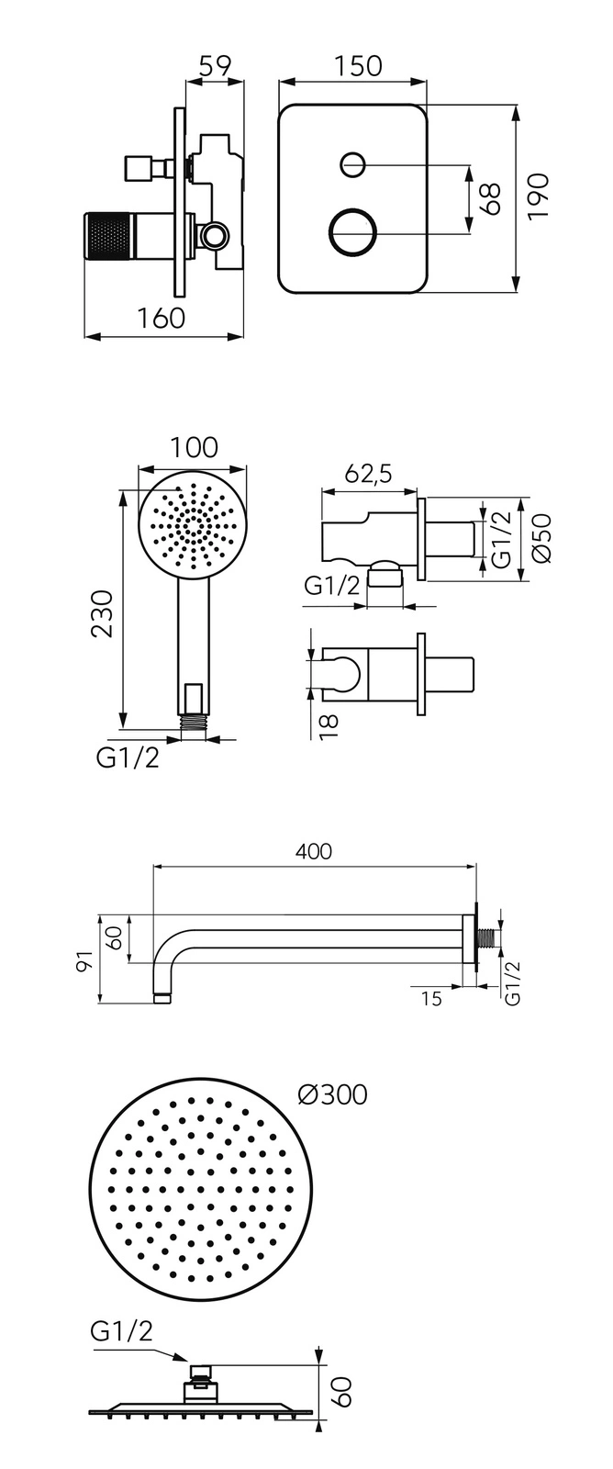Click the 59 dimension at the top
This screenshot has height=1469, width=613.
click(x=215, y=66)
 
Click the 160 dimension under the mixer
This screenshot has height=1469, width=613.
click(x=162, y=318)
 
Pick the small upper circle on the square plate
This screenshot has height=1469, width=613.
click(x=352, y=165)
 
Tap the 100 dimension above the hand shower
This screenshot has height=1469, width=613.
click(x=194, y=447)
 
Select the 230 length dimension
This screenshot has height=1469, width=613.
click(x=103, y=612)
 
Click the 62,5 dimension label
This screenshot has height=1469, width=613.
click(x=368, y=473)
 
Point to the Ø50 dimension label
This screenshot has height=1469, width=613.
click(x=540, y=539)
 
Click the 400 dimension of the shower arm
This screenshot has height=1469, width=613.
click(x=314, y=851)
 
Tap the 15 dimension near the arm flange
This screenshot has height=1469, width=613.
click(x=430, y=998)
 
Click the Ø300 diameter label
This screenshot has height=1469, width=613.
click(x=332, y=1094)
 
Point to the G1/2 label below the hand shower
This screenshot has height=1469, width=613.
click(x=128, y=758)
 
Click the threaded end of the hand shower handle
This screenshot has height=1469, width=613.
click(x=193, y=721)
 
